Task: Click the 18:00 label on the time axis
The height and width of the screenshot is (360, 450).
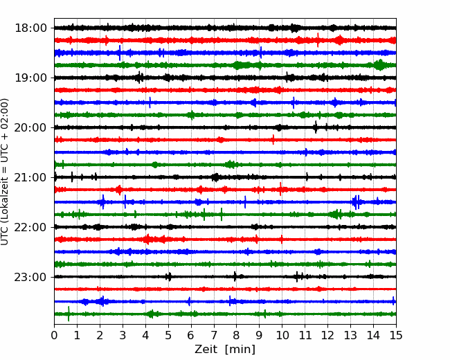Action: tap(30, 28)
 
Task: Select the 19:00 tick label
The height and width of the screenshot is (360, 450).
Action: tap(30, 78)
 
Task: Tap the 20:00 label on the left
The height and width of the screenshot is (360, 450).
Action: tap(30, 127)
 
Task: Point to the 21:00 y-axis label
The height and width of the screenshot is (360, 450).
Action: tap(30, 177)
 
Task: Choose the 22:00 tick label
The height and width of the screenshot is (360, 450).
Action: tap(30, 227)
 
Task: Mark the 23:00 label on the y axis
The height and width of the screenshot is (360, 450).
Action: tap(30, 277)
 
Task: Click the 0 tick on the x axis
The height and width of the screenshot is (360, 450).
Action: tap(54, 335)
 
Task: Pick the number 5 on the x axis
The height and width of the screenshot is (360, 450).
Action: tap(168, 335)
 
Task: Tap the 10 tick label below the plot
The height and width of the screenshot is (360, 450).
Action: tap(282, 335)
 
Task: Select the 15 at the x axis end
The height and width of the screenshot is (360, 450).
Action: tap(396, 335)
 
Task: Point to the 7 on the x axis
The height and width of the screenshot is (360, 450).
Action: tap(214, 335)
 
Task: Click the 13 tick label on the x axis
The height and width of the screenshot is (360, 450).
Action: tap(350, 335)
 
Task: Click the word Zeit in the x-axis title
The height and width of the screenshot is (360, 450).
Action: tap(206, 349)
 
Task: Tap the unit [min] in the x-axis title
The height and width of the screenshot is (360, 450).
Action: tap(240, 350)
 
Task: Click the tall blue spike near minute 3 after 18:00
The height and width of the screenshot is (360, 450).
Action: tap(120, 53)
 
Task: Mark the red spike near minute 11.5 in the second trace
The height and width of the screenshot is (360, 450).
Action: tap(318, 40)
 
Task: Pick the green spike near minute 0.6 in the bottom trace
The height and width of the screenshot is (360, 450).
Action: tap(69, 314)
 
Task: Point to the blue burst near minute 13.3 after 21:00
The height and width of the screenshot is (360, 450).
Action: tap(356, 202)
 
